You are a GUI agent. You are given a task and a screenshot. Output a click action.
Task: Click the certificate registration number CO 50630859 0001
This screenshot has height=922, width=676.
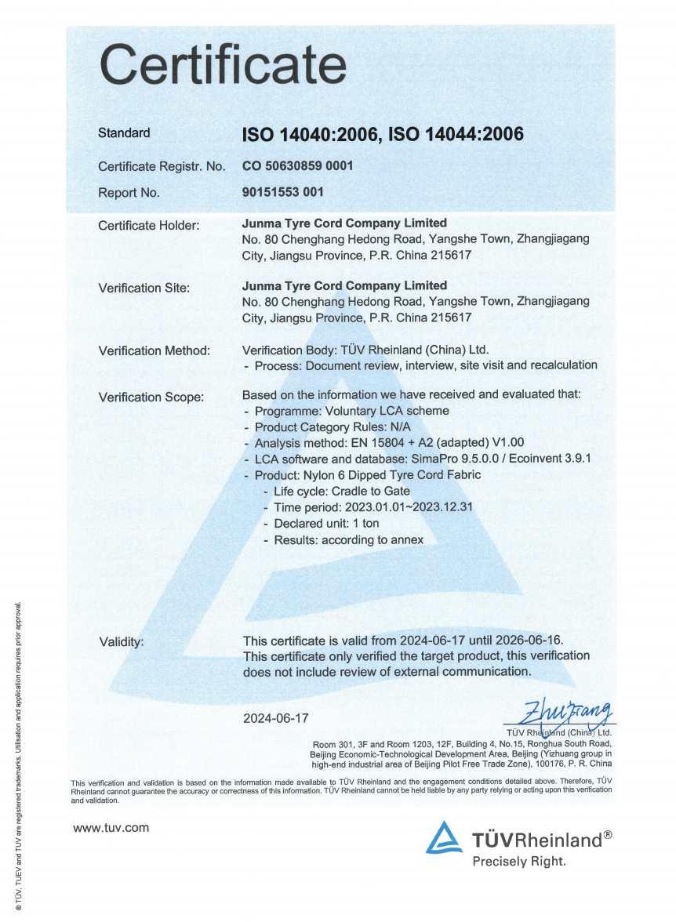[x=298, y=166]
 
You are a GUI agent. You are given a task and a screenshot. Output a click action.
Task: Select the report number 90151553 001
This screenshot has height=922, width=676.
[x=283, y=191]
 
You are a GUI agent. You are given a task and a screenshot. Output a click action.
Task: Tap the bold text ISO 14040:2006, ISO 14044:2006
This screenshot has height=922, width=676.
[x=383, y=134]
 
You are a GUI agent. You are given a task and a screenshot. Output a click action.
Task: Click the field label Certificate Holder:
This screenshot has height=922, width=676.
[x=149, y=226]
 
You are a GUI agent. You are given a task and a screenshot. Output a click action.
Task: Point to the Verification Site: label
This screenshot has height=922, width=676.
[x=144, y=288]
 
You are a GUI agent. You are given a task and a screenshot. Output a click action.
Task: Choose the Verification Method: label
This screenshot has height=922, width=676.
[x=154, y=350]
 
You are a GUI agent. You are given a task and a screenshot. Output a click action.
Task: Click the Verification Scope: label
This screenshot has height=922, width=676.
[x=151, y=397]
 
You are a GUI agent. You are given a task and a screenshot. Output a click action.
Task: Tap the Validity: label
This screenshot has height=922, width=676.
[x=122, y=642]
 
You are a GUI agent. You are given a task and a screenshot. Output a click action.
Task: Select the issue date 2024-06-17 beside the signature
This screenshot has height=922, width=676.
[x=276, y=718]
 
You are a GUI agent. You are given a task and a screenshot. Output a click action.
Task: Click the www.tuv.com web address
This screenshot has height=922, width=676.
[x=111, y=828]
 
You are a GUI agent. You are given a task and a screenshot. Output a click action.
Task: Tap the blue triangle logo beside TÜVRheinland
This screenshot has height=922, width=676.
[x=444, y=837]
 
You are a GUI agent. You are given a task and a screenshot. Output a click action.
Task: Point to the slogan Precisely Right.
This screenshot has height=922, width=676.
[x=518, y=862]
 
